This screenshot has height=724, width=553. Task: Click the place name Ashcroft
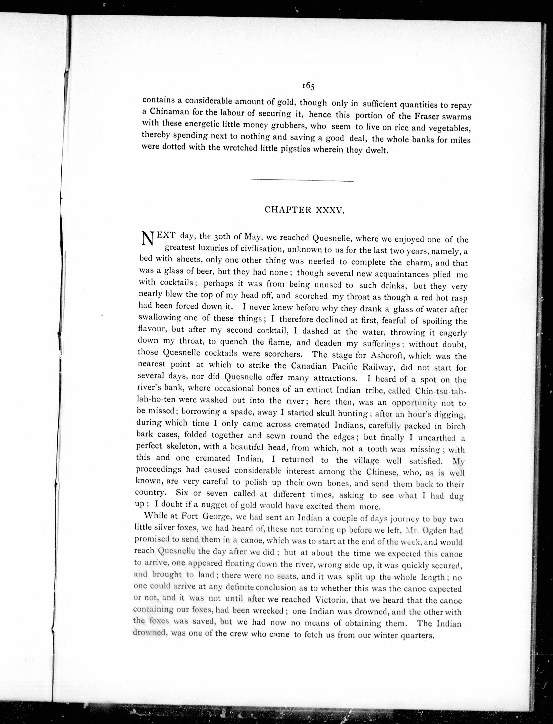pos(391,356)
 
